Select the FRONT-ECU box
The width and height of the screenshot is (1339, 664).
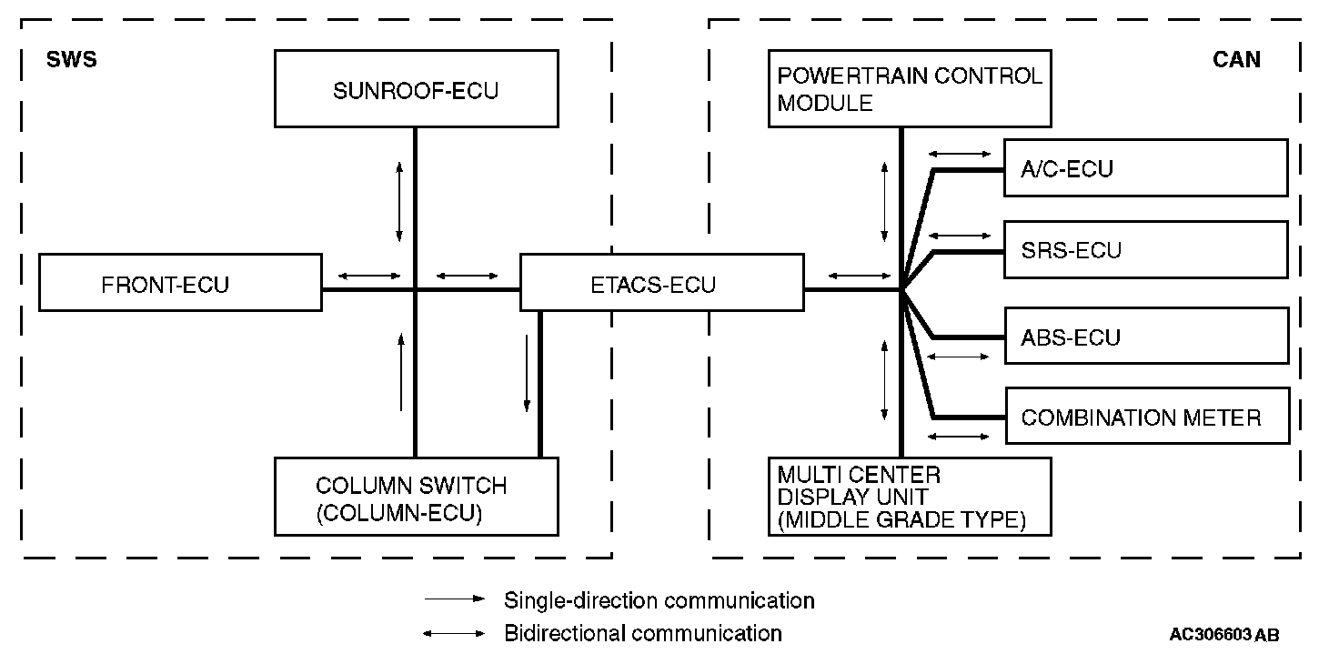pos(180,284)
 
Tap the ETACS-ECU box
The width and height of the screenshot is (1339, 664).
pos(661,285)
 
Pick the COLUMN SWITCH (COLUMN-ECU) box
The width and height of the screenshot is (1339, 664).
pos(416,498)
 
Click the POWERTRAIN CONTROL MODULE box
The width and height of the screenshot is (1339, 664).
pos(910,89)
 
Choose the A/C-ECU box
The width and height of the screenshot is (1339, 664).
pos(1146,168)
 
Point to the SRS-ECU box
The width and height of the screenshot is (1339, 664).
pos(1146,249)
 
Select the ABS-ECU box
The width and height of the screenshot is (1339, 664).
pos(1146,337)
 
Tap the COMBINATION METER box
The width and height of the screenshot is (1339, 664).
pos(1146,418)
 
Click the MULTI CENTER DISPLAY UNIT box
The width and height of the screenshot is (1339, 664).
pos(910,496)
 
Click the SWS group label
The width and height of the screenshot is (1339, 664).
pos(71,61)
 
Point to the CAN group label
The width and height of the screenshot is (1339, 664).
pos(1236,60)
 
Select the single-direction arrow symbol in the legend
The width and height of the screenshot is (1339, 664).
pos(455,600)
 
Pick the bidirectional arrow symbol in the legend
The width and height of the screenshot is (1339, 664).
pos(455,633)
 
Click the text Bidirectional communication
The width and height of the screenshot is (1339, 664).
pos(642,633)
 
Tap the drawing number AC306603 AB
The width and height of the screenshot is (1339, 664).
pos(1223,635)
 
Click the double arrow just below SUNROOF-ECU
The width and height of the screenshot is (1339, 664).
pos(399,202)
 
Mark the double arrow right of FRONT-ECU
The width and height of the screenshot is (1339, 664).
pos(368,276)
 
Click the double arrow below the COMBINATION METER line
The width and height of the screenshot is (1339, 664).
pos(959,438)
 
